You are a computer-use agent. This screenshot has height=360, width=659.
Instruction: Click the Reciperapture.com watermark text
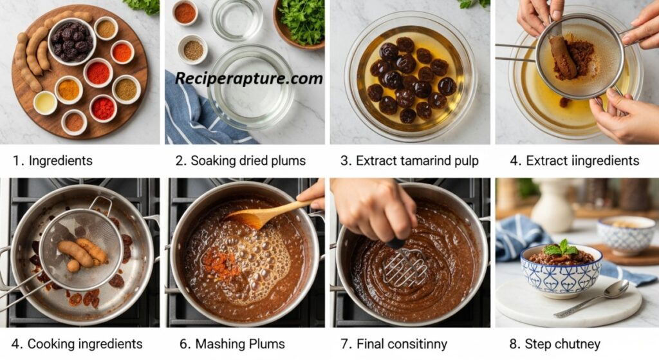click(x=249, y=79)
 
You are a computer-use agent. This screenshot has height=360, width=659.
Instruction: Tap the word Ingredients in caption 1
click(x=60, y=160)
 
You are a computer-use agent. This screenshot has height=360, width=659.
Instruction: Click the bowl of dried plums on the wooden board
click(x=72, y=41)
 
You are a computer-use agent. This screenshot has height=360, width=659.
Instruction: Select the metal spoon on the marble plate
click(x=592, y=299)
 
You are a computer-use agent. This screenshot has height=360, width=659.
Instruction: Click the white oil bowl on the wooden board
click(x=45, y=102)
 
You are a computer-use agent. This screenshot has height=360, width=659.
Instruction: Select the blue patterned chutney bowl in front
click(x=561, y=271)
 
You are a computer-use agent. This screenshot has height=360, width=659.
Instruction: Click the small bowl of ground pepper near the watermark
click(x=193, y=50)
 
